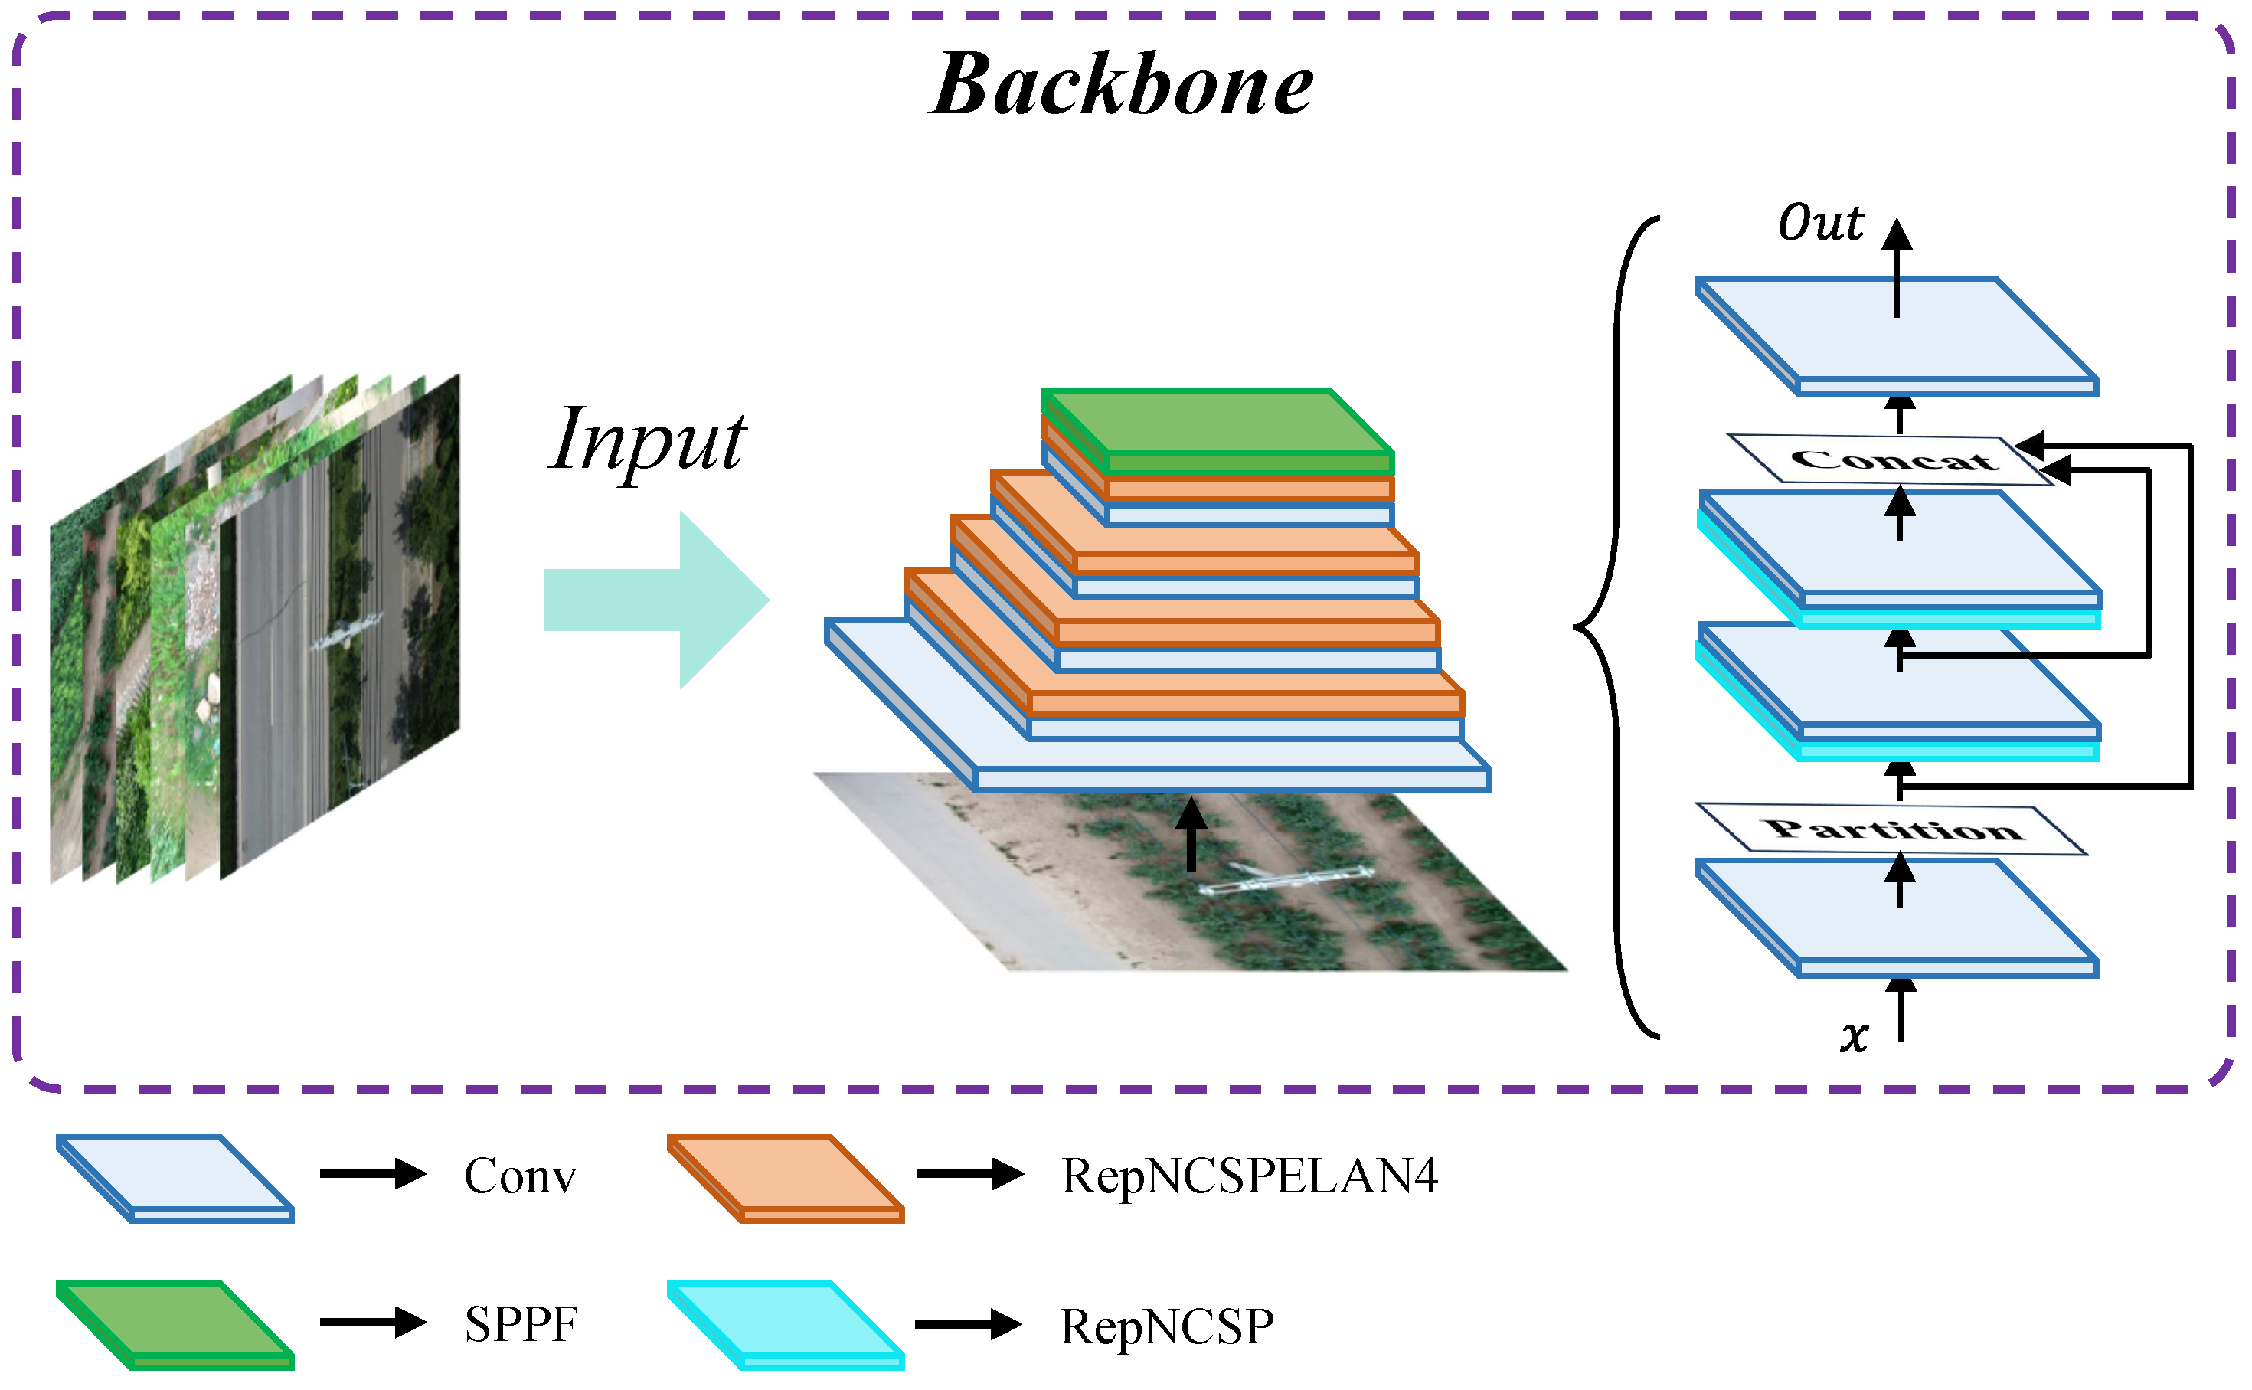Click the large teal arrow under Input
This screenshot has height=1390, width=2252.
click(x=658, y=600)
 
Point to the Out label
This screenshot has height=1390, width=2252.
click(x=1820, y=224)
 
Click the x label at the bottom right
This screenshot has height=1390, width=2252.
click(x=1854, y=1037)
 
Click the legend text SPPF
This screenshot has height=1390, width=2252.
click(x=520, y=1325)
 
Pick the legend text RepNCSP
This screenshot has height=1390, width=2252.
click(x=1166, y=1326)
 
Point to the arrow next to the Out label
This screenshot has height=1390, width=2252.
click(x=1896, y=267)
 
